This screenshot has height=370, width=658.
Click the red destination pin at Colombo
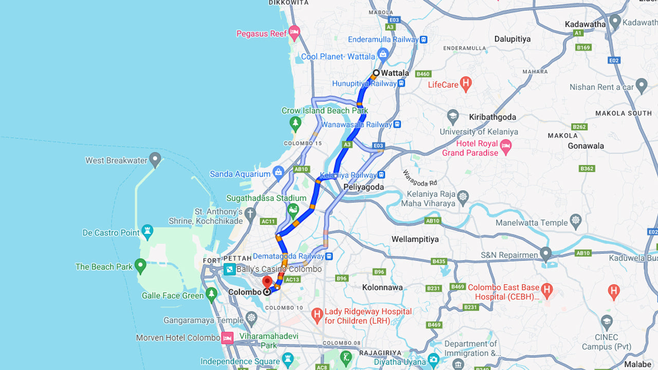[x=267, y=282]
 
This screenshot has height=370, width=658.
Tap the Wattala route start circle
[x=376, y=73]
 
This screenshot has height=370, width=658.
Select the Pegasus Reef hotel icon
[x=294, y=33]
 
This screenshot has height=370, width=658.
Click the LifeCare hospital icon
[x=466, y=83]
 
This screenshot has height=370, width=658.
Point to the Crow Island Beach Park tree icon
[x=295, y=123]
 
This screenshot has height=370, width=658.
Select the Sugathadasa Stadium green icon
[x=293, y=210]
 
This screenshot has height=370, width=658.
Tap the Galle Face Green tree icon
[x=211, y=294]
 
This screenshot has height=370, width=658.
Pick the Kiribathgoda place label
[x=492, y=117]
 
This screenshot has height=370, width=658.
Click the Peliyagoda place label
[x=363, y=187]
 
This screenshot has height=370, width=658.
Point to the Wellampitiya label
[x=415, y=239]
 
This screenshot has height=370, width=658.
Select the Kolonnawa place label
[x=382, y=287]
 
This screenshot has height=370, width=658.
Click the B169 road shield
[x=583, y=48]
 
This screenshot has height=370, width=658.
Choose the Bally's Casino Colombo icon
[x=229, y=269]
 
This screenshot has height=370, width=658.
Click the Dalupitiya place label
[x=512, y=39]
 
